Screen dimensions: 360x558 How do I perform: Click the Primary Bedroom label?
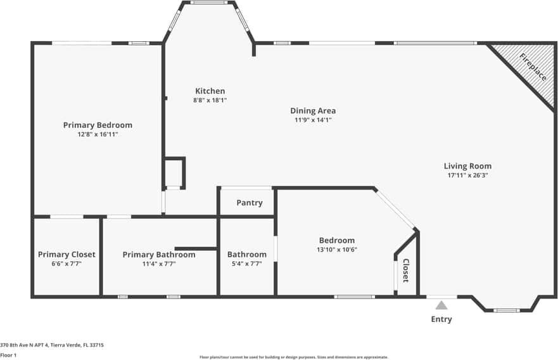[x=98, y=125]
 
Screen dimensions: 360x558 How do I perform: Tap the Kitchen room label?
[x=210, y=91]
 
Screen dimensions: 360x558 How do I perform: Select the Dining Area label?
[x=313, y=111]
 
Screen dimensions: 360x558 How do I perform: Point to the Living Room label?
[x=467, y=166]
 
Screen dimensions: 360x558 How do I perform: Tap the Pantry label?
[x=249, y=203]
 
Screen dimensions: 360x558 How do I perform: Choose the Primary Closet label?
[x=67, y=255]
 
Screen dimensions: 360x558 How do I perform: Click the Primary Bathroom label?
[x=159, y=255]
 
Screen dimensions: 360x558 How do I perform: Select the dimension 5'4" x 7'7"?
[x=247, y=264]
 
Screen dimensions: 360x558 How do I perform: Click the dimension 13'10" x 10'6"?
[x=336, y=250]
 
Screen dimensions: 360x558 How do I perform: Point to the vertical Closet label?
[x=406, y=270]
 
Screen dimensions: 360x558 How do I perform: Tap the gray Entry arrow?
[x=441, y=305]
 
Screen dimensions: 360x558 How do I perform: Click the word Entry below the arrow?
[x=441, y=319]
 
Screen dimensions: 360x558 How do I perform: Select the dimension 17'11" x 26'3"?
[x=467, y=176]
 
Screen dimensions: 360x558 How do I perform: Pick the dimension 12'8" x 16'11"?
[x=98, y=134]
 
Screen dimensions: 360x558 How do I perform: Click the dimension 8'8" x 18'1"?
[x=210, y=100]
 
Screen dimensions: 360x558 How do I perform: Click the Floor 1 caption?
[x=8, y=356]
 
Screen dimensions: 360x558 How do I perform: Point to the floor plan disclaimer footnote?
[x=294, y=357]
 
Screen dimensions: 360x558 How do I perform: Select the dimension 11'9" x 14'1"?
[x=313, y=120]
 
